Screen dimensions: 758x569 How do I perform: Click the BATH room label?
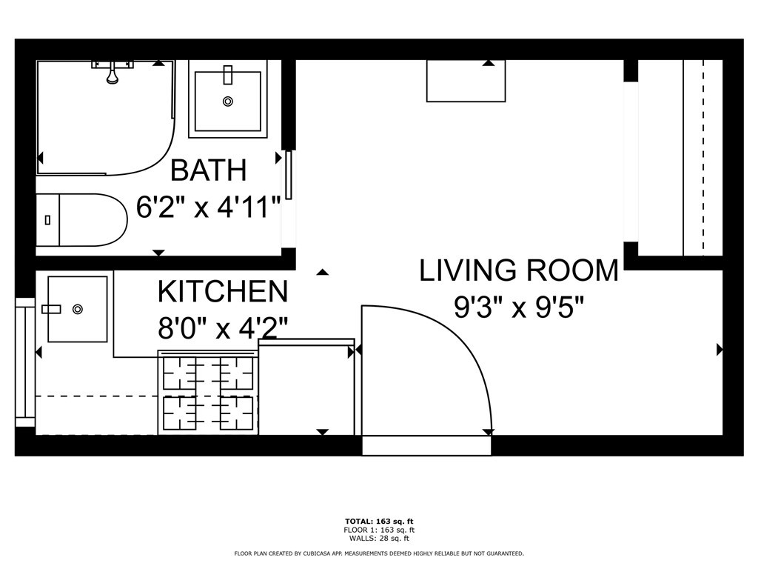209,170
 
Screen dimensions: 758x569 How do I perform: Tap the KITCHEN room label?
223,291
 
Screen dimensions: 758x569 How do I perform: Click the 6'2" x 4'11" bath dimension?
208,207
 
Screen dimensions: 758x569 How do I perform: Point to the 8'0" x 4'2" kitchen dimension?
223,328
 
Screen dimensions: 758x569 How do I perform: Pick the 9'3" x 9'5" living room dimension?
519,307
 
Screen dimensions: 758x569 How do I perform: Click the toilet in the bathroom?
81,220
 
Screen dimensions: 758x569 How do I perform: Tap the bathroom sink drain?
228,101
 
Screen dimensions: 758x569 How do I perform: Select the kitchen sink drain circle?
77,309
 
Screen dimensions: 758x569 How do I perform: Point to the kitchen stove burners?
208,393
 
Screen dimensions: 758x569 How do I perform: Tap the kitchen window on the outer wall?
25,362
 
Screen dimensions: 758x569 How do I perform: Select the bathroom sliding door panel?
289,175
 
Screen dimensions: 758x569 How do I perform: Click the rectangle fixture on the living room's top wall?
466,81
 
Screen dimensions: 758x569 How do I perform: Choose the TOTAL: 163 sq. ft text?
379,522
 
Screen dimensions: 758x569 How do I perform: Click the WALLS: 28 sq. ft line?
379,538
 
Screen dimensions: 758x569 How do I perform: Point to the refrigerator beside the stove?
307,387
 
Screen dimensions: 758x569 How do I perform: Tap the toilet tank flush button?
47,220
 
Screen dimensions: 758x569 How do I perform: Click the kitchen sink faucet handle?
51,309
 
